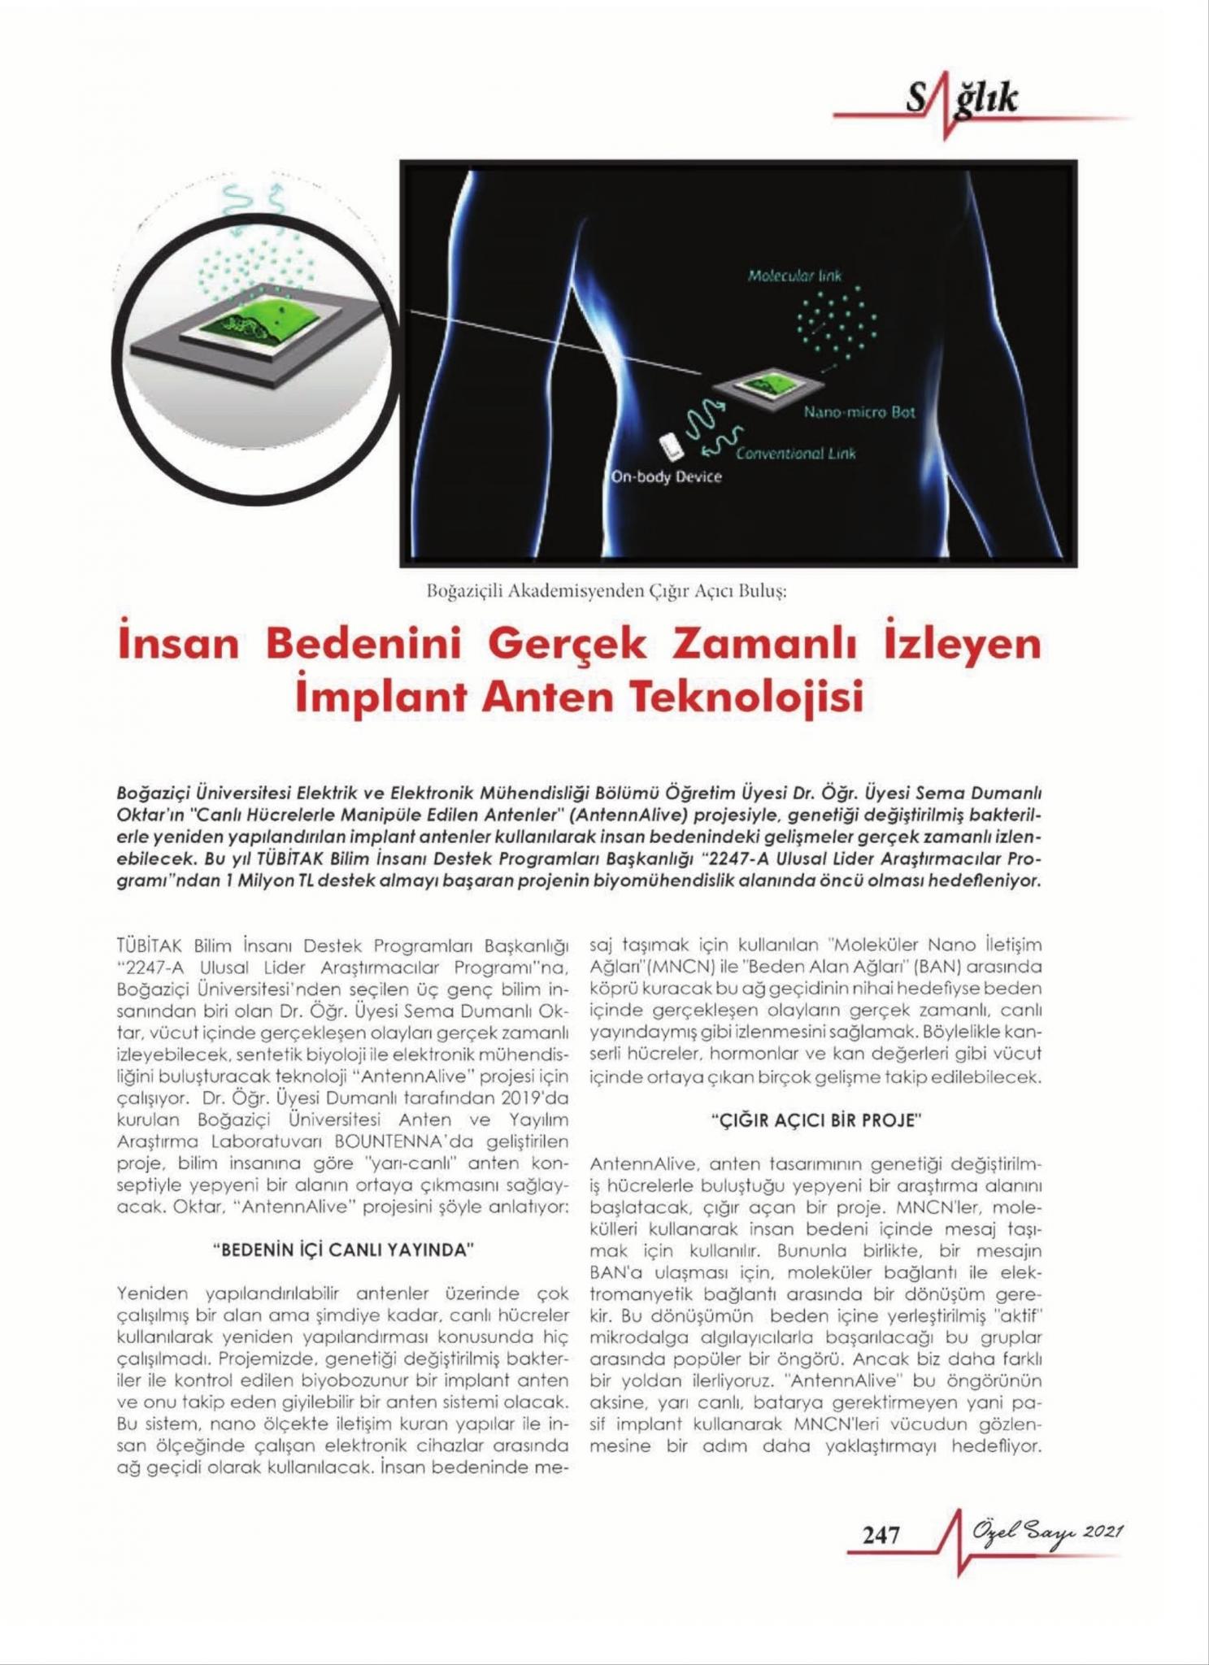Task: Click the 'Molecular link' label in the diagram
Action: pos(794,276)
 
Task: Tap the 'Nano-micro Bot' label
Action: pos(859,412)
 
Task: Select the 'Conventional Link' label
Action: pos(795,454)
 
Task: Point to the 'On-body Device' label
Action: pos(666,476)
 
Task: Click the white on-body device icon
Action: pos(671,446)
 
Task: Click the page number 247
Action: pos(881,1534)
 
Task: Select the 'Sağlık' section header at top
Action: pos(961,101)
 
